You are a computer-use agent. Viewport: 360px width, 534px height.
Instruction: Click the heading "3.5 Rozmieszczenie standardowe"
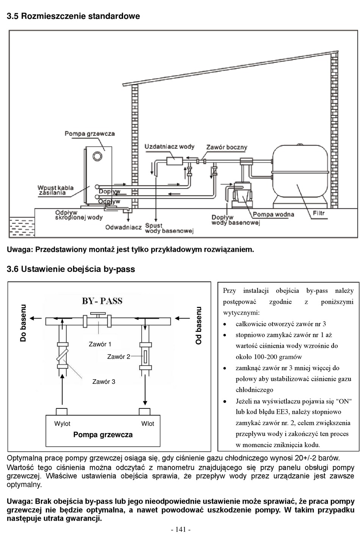tap(74, 16)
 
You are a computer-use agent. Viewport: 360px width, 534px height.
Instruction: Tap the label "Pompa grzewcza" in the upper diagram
tap(89, 133)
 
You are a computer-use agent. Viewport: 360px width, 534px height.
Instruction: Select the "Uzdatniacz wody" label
tap(169, 146)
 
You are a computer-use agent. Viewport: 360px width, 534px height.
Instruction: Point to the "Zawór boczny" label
tap(227, 147)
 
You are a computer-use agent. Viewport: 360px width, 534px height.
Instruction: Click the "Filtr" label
tap(319, 213)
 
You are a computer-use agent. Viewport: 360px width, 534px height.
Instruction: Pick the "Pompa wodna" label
tap(273, 214)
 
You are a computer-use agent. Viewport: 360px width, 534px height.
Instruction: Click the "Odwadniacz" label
tap(123, 227)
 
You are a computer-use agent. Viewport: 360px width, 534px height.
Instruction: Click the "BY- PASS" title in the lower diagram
tap(102, 301)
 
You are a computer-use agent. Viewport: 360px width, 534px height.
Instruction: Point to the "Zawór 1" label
tap(100, 344)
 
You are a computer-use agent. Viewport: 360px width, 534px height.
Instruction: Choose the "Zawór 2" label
tap(119, 357)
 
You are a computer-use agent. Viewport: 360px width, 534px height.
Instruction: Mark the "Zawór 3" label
tap(104, 382)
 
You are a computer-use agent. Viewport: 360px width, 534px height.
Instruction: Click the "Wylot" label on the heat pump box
tap(62, 424)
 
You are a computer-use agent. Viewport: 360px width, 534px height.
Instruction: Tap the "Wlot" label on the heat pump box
tap(148, 424)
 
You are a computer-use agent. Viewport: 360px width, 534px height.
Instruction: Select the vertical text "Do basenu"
tap(23, 323)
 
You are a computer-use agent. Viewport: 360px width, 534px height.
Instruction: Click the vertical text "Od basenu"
tap(199, 325)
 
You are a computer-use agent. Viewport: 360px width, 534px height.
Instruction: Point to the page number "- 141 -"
tap(180, 529)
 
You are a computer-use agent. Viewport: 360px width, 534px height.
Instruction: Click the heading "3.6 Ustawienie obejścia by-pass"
tap(71, 269)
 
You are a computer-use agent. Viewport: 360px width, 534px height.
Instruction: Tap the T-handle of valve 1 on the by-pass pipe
tap(98, 314)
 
